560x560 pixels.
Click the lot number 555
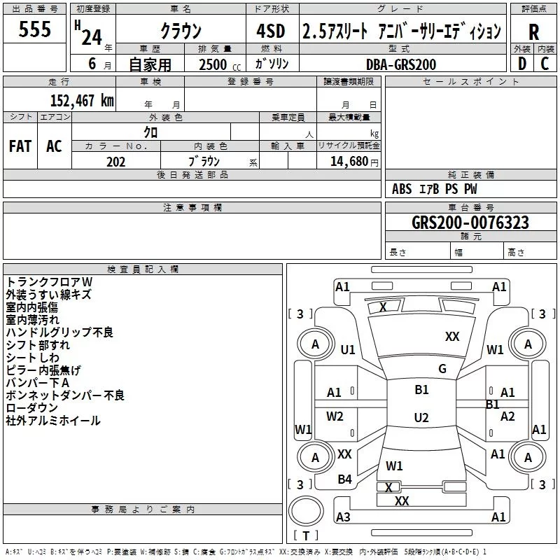coord(35,30)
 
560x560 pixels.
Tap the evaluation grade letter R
coord(533,32)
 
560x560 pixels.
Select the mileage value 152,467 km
coord(82,100)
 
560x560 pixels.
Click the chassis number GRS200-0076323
coord(470,223)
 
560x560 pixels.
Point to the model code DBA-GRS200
coord(400,64)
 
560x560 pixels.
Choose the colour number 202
coord(115,162)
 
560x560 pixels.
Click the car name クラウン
coord(181,31)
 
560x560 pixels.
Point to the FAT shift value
coord(20,146)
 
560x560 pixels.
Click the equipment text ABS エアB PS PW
coord(435,189)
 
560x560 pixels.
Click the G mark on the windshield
coord(442,369)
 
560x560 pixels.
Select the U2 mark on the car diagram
coord(421,418)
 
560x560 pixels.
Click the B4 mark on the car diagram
coord(344,479)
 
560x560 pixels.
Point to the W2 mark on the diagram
coord(335,416)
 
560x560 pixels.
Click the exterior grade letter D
coord(521,64)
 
